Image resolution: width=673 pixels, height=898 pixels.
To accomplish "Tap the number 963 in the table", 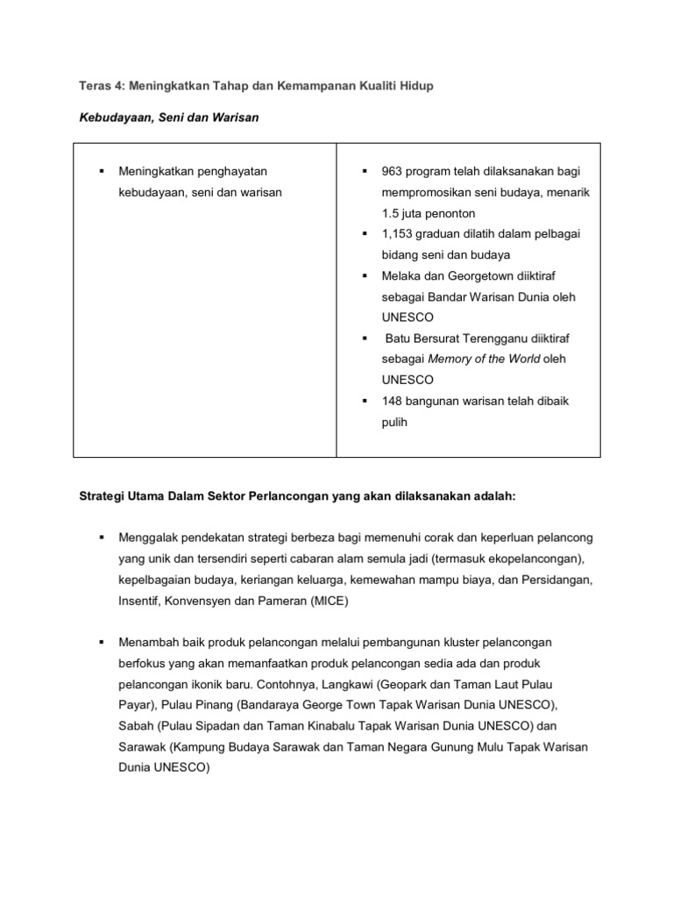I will [393, 170].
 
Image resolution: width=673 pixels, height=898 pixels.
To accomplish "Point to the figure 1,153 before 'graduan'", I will [399, 233].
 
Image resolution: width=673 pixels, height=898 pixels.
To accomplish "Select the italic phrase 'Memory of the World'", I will [481, 360].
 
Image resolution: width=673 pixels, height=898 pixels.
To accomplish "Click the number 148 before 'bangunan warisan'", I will [393, 401].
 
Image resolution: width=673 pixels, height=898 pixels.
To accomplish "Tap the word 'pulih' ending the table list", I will [394, 422].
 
